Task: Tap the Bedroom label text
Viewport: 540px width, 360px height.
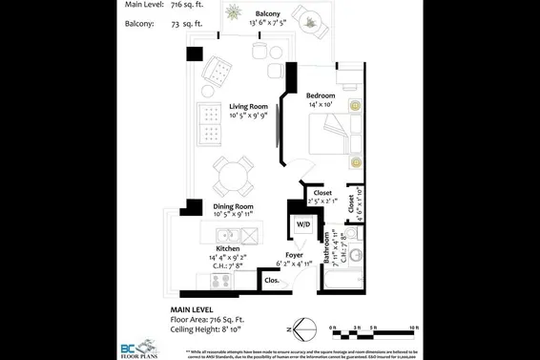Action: pos(322,95)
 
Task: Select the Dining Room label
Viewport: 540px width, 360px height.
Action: pos(234,206)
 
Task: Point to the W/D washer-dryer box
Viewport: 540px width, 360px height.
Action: pos(302,225)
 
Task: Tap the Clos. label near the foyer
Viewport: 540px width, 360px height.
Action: pos(272,281)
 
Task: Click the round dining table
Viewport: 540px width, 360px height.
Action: pos(233,176)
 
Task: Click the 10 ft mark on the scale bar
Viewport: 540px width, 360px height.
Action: pos(413,328)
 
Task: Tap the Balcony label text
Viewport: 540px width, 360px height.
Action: pos(268,13)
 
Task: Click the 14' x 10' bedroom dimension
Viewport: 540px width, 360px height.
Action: pos(322,106)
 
